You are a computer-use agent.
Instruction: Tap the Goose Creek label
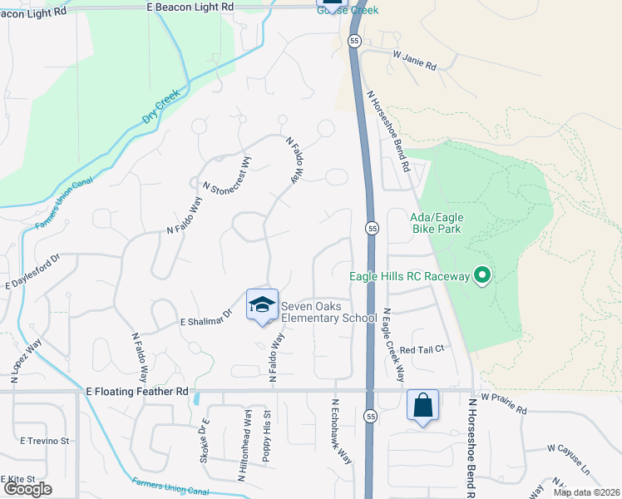click(348, 10)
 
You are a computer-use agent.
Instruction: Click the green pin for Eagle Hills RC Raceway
click(481, 274)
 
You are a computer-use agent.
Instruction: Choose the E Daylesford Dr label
click(34, 272)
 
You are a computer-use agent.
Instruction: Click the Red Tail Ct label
click(423, 350)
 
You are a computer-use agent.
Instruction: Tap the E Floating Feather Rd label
click(137, 390)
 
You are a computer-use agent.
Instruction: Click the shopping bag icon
click(422, 407)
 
